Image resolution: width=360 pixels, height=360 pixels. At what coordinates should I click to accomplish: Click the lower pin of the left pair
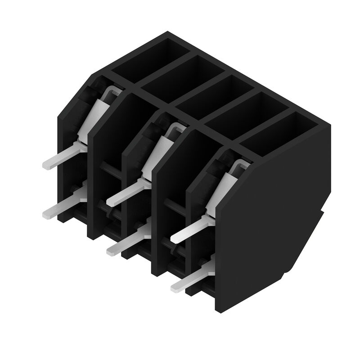point(58,209)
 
